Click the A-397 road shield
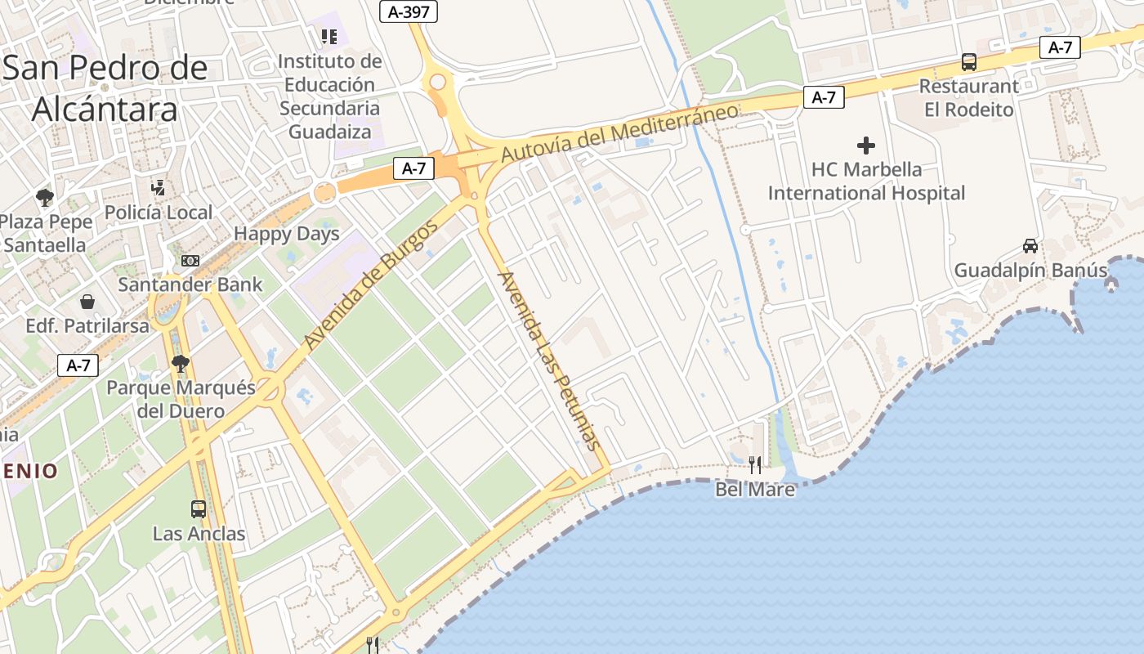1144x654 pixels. (x=409, y=11)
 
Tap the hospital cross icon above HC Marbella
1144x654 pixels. (x=866, y=146)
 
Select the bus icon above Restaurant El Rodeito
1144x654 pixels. (x=969, y=62)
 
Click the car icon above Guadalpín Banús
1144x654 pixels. (x=1030, y=246)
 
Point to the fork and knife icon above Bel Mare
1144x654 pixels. (x=755, y=465)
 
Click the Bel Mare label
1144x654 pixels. (x=755, y=490)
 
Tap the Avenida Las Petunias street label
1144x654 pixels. (x=548, y=361)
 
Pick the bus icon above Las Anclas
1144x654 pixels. (x=199, y=509)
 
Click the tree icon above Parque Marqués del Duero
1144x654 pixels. (x=181, y=364)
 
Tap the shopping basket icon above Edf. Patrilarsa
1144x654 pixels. (x=87, y=302)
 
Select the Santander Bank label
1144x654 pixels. (x=190, y=284)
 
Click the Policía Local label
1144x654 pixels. (x=159, y=213)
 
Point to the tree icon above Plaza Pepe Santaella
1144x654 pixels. (x=45, y=197)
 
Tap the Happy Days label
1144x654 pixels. (x=286, y=234)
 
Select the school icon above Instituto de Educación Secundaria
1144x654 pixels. (x=329, y=36)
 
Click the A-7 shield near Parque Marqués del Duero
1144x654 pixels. (x=78, y=365)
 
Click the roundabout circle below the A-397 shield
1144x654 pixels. (x=438, y=82)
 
